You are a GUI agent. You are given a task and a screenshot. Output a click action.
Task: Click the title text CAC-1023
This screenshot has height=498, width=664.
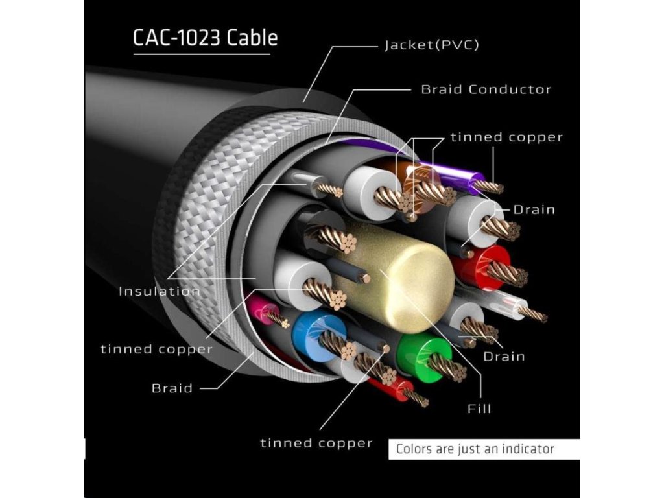click(x=177, y=38)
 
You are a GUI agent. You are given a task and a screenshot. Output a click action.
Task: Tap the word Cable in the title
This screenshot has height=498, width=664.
click(x=252, y=38)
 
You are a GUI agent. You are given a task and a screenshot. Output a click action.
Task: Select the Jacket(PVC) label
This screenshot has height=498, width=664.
click(x=432, y=45)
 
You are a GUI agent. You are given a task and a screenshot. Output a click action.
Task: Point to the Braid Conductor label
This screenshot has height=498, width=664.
click(x=486, y=89)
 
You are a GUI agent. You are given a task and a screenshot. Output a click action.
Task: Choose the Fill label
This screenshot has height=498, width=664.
click(x=479, y=409)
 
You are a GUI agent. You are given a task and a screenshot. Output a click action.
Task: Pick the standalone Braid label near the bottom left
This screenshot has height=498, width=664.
click(x=172, y=388)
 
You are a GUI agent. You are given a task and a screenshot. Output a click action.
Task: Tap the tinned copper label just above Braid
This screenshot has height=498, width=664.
click(x=156, y=349)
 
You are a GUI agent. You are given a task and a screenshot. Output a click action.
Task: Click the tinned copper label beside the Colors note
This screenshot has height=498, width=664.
click(x=316, y=444)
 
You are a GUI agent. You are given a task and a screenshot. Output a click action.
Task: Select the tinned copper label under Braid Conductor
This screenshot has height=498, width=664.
click(x=506, y=137)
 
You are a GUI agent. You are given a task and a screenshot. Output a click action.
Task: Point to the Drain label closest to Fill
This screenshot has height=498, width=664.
click(x=504, y=356)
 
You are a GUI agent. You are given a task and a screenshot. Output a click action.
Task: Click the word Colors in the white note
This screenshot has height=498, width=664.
click(x=415, y=449)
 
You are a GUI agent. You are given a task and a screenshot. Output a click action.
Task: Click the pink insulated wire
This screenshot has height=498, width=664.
click(x=263, y=309)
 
